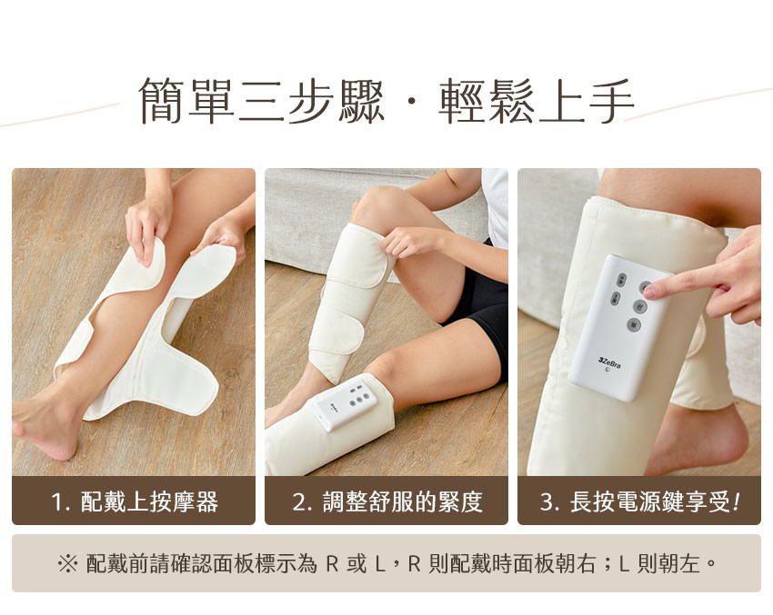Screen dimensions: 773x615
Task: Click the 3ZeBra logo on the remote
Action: tap(609, 362)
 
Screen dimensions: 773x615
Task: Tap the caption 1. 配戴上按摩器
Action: tap(135, 501)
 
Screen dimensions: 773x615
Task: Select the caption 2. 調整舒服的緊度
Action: tap(387, 501)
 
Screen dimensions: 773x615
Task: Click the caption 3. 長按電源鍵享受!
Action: tap(640, 501)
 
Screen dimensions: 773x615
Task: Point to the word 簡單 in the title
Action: tap(186, 101)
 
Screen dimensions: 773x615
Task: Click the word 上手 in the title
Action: tap(585, 101)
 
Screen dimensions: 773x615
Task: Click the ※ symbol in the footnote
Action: tap(67, 563)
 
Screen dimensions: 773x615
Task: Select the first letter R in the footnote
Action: tap(332, 564)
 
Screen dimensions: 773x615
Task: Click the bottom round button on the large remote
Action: tap(634, 324)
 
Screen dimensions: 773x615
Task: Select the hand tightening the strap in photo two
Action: tap(408, 243)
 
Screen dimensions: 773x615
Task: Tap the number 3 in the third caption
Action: tap(547, 502)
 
